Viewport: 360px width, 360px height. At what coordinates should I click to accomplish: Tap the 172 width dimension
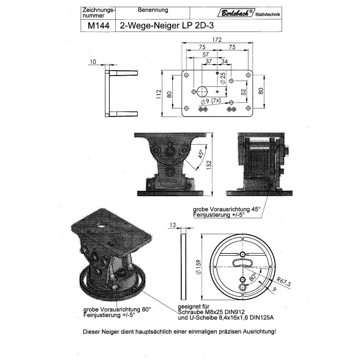click(217, 40)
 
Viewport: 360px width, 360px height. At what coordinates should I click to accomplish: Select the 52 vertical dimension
click(243, 92)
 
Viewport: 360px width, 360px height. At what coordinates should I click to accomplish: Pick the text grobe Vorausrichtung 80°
click(117, 310)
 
